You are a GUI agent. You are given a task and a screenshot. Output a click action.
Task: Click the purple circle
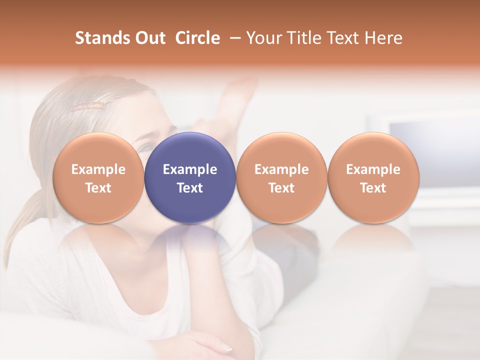click(190, 177)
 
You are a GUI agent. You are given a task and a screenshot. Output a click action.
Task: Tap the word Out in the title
click(150, 38)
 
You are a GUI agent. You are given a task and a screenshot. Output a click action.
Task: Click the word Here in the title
click(384, 38)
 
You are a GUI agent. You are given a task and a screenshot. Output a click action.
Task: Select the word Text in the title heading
click(340, 38)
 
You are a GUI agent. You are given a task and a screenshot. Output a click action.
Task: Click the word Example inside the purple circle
click(190, 169)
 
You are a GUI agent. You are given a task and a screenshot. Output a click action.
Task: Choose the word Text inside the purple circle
click(190, 188)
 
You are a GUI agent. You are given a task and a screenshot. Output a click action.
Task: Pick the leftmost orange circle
click(98, 177)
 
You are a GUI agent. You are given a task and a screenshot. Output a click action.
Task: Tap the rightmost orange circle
click(373, 177)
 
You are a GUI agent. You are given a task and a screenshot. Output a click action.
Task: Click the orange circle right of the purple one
click(281, 177)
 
